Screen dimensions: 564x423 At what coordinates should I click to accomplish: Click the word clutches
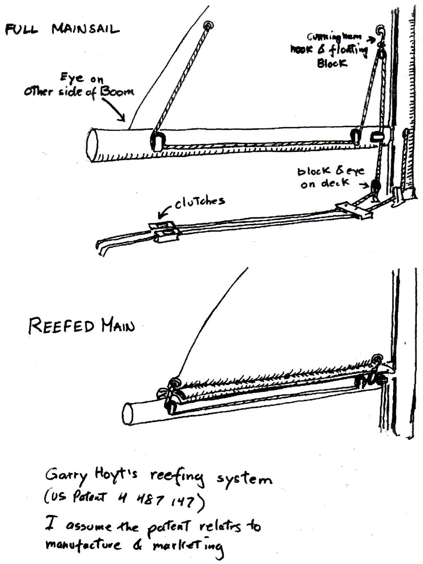pos(200,201)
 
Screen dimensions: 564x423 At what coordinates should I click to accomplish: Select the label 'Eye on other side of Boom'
pos(79,87)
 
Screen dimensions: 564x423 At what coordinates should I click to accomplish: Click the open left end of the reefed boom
pos(129,415)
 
